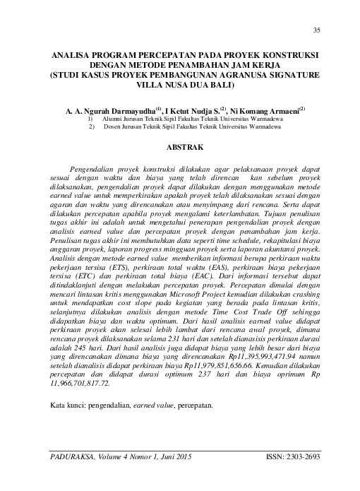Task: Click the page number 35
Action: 316,29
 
